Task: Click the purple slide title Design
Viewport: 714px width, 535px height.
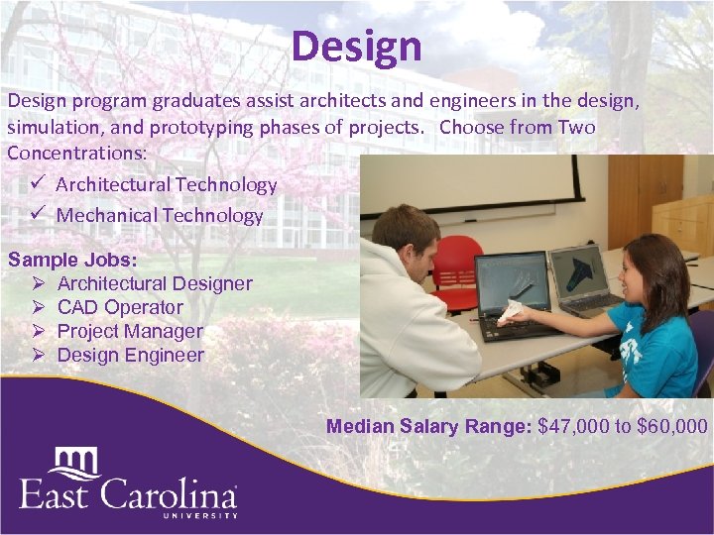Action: (357, 46)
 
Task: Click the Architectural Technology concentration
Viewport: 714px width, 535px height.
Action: (166, 185)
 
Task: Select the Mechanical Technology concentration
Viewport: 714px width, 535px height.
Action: (159, 215)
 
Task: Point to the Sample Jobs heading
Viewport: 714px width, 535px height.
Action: (73, 260)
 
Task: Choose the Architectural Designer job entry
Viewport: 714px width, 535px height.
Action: (155, 283)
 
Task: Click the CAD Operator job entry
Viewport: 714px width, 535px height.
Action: (120, 307)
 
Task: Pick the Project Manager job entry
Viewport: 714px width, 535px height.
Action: (130, 331)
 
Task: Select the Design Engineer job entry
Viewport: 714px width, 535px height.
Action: (131, 355)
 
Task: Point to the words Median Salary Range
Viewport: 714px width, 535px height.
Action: (428, 427)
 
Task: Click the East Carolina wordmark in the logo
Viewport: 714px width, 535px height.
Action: (128, 492)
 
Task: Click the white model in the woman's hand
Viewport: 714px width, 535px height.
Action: (510, 310)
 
